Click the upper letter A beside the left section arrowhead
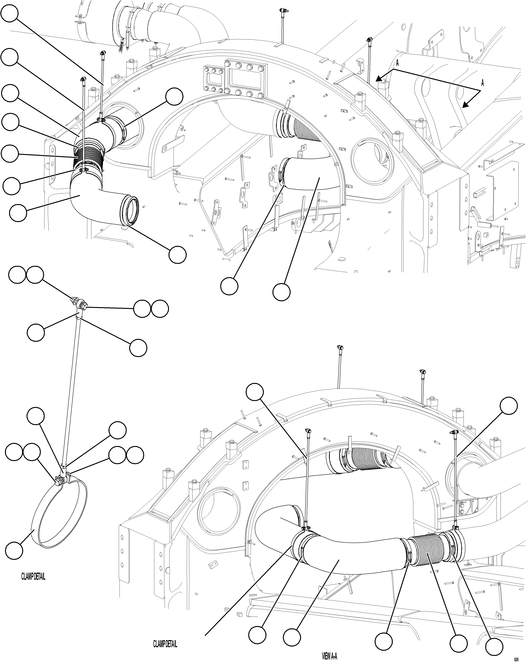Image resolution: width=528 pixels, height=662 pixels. click(x=397, y=63)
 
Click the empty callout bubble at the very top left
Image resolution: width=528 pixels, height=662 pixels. click(x=9, y=13)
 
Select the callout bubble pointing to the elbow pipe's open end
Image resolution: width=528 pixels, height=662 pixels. click(x=177, y=255)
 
